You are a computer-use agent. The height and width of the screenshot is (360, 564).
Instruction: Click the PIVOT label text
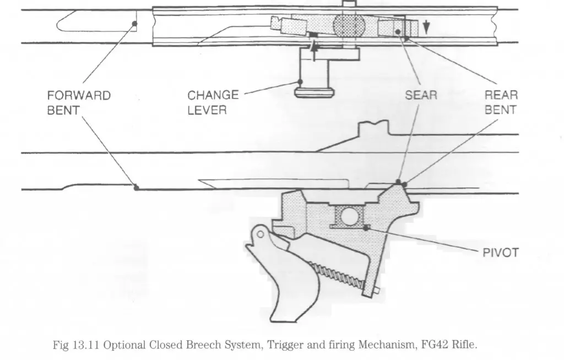click(500, 253)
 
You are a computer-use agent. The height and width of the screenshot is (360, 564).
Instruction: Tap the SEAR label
click(421, 95)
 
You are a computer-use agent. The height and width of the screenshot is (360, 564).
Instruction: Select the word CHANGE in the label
click(213, 95)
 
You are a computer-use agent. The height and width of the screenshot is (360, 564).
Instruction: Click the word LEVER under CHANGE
click(207, 110)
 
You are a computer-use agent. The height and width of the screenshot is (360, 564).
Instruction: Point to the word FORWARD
click(79, 96)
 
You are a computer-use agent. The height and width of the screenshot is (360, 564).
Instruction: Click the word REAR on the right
click(501, 95)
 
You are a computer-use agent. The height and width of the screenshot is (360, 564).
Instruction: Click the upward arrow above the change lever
click(314, 50)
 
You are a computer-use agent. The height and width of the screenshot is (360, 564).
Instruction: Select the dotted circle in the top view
click(349, 26)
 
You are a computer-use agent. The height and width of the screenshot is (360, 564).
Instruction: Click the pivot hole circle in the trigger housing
click(349, 216)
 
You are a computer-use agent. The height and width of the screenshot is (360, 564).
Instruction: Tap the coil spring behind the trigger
click(338, 276)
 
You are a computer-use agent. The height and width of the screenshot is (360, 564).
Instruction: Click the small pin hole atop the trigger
click(261, 235)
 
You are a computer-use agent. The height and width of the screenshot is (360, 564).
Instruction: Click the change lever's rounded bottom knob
click(314, 92)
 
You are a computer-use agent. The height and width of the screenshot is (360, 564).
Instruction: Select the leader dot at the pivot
click(366, 228)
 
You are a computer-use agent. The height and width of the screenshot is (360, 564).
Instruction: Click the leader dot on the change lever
click(300, 82)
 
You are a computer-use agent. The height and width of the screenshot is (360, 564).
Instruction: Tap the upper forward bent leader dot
click(134, 24)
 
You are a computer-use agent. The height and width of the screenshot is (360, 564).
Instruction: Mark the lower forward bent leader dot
click(136, 187)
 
